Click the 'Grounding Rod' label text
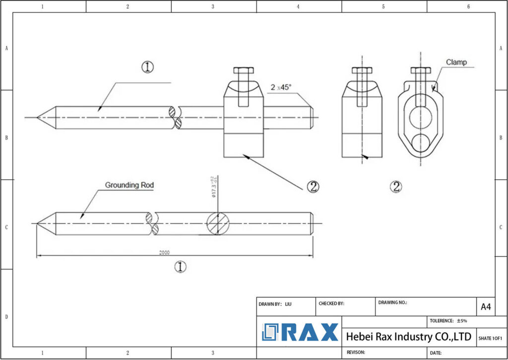tap(129, 185)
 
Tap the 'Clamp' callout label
tap(456, 63)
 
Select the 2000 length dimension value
tap(164, 252)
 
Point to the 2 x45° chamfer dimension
tap(281, 87)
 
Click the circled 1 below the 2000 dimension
tap(180, 267)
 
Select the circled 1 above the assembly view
tap(147, 67)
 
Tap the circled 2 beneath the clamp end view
tap(396, 187)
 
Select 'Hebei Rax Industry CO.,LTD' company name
tap(408, 337)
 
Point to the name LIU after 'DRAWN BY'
tap(288, 304)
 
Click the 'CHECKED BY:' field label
tap(331, 303)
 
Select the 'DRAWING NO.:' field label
tap(392, 302)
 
